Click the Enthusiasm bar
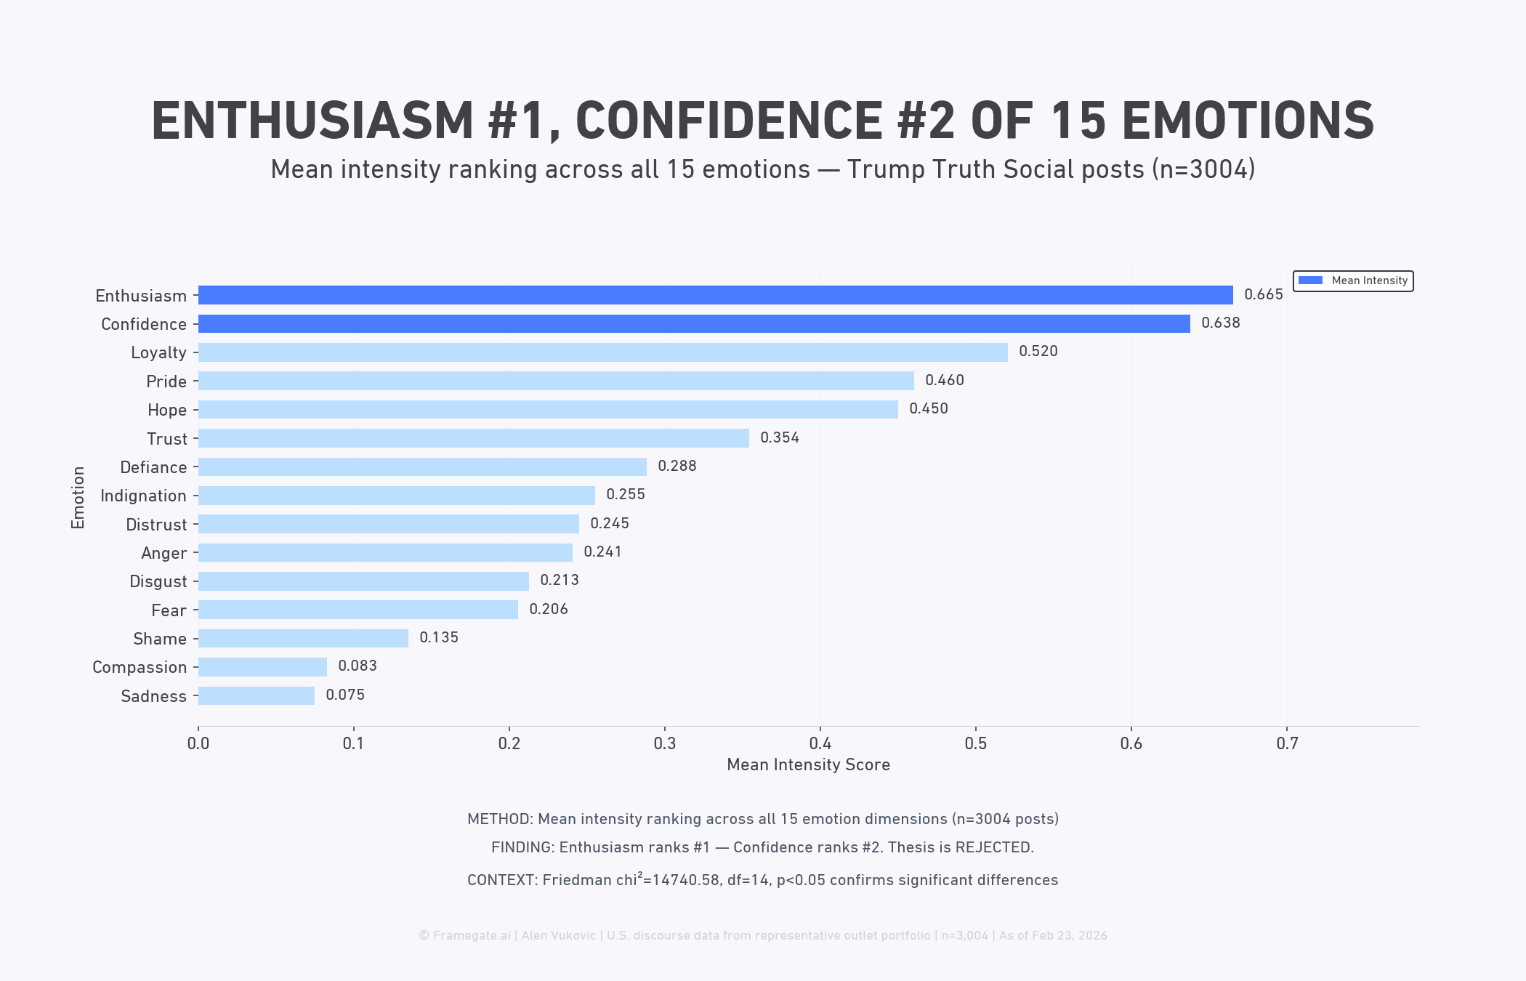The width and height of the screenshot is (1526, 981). (x=715, y=295)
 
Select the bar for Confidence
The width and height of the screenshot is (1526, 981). (x=694, y=323)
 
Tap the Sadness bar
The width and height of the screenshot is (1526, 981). (x=257, y=695)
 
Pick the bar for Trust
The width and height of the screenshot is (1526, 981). (x=474, y=438)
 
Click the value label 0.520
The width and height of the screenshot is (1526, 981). (x=1038, y=352)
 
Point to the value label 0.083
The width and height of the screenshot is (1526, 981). (x=357, y=666)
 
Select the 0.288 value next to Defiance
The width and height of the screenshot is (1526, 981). (x=677, y=466)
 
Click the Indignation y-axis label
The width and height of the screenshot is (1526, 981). (x=143, y=496)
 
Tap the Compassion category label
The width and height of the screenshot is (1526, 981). (x=140, y=667)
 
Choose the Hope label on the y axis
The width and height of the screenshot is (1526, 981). (x=167, y=410)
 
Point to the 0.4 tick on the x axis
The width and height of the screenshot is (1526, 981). (x=820, y=743)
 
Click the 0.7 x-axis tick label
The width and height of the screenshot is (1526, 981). (x=1286, y=743)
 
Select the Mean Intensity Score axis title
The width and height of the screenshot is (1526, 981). (x=808, y=764)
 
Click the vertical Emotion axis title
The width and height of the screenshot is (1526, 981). (x=78, y=497)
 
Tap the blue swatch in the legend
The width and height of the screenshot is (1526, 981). (x=1310, y=280)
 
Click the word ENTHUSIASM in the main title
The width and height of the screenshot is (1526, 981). (x=312, y=121)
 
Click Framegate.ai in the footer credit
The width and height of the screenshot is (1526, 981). (x=472, y=935)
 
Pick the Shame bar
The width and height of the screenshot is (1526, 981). (x=303, y=638)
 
